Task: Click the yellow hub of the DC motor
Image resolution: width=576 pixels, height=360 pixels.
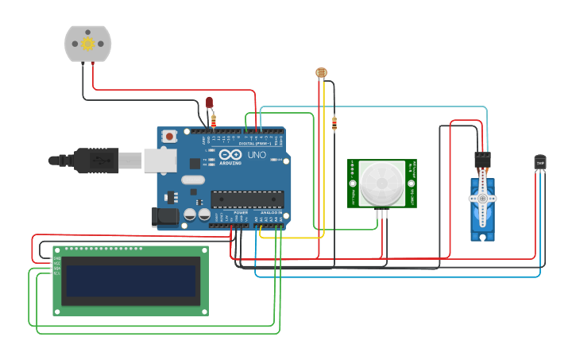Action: click(x=88, y=44)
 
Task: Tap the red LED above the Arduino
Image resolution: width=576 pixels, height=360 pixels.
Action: click(x=210, y=103)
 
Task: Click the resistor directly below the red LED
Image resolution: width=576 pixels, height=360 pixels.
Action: click(x=213, y=121)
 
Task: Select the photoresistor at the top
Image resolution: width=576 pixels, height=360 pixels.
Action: click(x=321, y=72)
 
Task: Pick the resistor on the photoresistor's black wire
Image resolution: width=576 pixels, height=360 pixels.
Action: click(x=334, y=123)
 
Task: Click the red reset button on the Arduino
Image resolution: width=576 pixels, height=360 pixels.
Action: click(x=170, y=137)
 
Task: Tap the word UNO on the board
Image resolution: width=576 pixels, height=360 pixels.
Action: click(x=257, y=154)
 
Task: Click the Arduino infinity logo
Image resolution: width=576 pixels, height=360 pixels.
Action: click(x=230, y=154)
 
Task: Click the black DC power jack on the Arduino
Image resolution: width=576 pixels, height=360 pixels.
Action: click(x=165, y=215)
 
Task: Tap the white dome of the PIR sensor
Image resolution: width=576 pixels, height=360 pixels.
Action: click(x=381, y=182)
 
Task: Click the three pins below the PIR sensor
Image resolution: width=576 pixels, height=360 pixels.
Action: click(x=384, y=213)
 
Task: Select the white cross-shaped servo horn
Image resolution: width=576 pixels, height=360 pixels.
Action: click(x=482, y=199)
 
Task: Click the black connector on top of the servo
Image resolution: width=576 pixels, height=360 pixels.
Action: click(x=482, y=159)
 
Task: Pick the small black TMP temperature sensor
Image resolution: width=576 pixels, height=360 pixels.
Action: click(x=540, y=162)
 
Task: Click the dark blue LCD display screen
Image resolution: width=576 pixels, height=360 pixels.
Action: click(x=130, y=280)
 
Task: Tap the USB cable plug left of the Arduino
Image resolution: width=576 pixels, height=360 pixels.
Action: click(x=95, y=161)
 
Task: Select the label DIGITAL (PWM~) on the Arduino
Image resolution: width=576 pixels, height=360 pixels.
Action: click(x=253, y=143)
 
